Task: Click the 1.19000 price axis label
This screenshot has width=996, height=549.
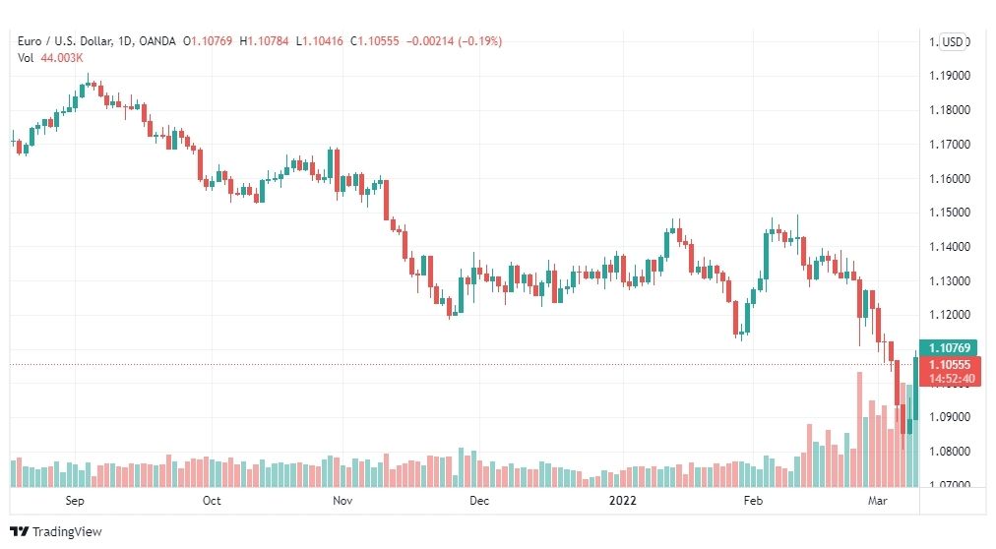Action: pos(950,76)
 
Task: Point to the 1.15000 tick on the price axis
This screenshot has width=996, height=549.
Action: pos(950,213)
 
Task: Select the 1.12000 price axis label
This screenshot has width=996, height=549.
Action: pos(950,316)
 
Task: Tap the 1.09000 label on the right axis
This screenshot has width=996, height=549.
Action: pos(950,417)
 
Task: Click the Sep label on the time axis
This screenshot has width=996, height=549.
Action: pos(75,501)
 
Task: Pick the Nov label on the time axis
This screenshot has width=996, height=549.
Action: pos(342,501)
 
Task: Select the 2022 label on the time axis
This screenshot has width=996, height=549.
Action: pos(622,501)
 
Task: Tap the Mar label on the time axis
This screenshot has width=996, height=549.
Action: pos(877,501)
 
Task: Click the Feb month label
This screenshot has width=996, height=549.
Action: pos(753,501)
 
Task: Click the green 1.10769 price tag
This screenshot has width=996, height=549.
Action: pos(949,348)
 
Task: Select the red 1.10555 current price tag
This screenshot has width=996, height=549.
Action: pos(950,364)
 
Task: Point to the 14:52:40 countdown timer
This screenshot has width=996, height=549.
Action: pos(951,379)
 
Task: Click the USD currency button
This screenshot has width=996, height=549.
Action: pos(952,42)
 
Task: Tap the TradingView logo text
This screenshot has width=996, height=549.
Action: pos(67,532)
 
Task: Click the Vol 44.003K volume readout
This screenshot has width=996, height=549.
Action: pos(50,58)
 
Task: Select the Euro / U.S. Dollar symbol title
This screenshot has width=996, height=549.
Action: pos(65,41)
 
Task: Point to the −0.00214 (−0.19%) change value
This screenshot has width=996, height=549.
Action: pos(454,41)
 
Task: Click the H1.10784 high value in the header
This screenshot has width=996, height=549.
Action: pos(264,41)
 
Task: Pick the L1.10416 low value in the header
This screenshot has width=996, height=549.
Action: pos(320,41)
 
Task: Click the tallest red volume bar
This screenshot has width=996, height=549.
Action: pos(859,430)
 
